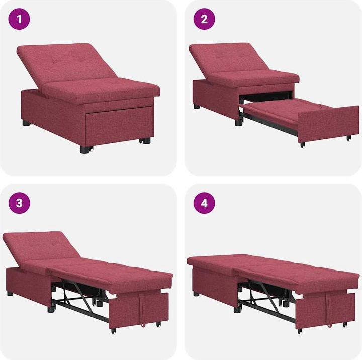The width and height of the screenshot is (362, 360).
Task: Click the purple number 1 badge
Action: (x=20, y=20)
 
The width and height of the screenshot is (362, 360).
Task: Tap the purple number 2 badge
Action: (x=205, y=20)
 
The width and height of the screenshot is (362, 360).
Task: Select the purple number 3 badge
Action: (x=20, y=203)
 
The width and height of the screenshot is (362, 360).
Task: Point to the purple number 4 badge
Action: (x=205, y=203)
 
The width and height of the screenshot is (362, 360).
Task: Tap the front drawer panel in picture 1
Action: (x=119, y=126)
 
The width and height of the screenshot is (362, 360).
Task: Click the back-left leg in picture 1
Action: (x=26, y=122)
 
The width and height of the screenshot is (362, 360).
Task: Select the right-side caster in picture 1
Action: (x=146, y=141)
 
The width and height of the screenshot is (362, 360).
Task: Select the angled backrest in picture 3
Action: (x=38, y=246)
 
